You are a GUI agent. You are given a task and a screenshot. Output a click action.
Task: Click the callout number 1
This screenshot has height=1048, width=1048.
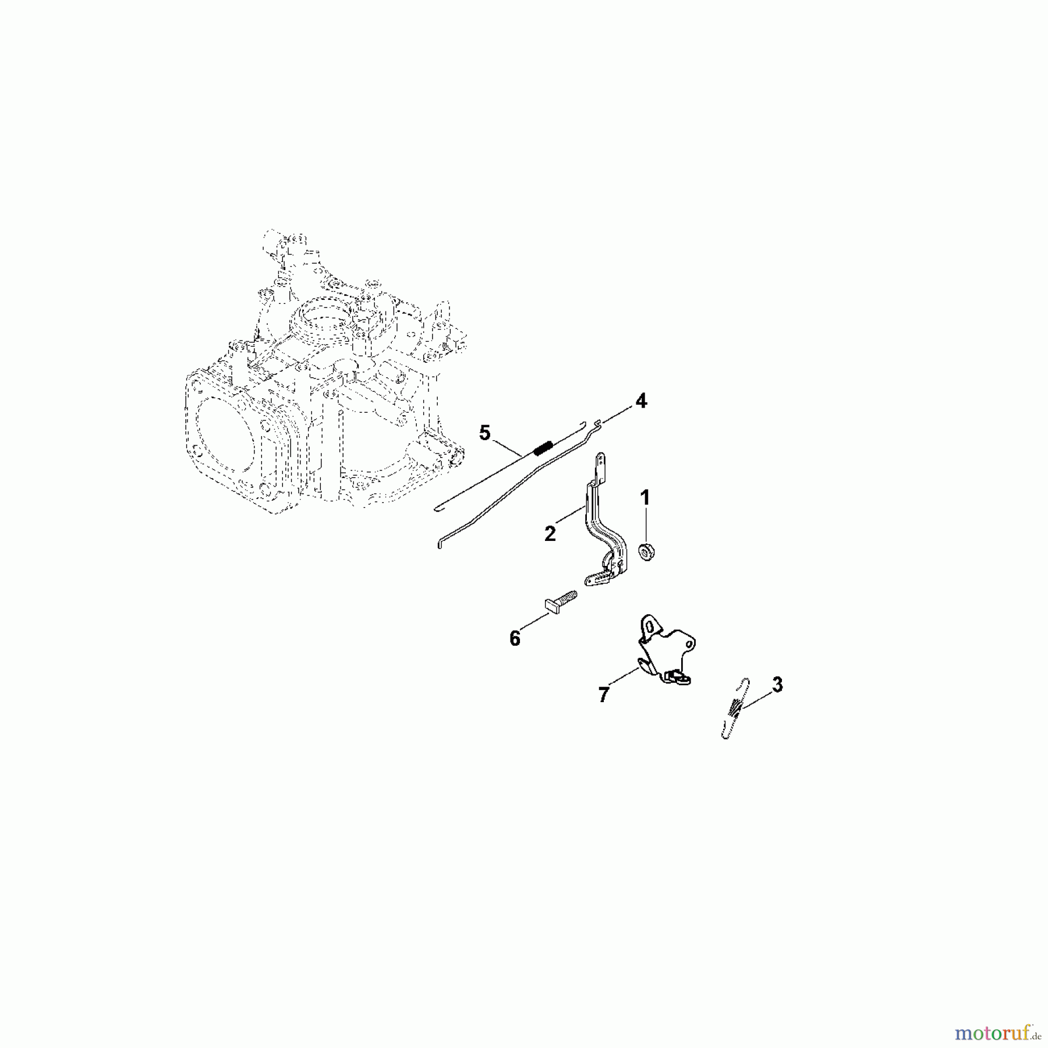(645, 498)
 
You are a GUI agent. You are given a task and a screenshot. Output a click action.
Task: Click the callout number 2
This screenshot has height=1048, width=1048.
(550, 533)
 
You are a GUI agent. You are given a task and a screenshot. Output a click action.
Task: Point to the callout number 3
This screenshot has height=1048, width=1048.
(777, 685)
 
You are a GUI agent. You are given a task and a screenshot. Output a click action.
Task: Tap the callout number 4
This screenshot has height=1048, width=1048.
(640, 401)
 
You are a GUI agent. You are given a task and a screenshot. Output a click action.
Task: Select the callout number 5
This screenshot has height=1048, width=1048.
(485, 433)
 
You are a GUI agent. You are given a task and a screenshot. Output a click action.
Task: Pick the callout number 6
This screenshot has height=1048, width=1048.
(515, 639)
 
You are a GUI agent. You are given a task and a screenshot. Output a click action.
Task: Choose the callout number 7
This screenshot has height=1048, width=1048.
(604, 694)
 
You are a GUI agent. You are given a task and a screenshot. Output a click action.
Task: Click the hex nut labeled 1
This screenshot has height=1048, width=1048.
(645, 550)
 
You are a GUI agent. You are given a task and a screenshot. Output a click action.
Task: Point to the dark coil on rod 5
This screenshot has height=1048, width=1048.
(543, 448)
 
